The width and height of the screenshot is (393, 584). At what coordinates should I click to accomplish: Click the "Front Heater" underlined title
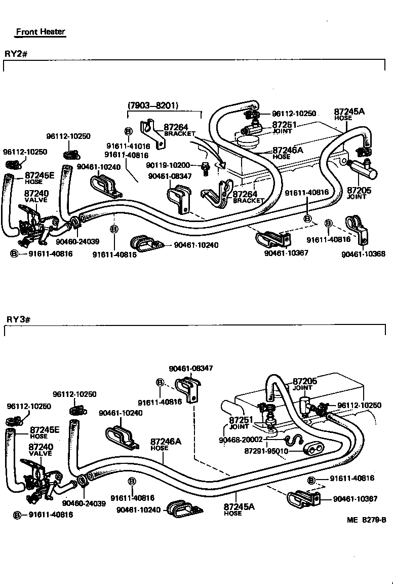tap(41, 31)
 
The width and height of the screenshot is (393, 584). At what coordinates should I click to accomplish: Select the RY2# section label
tap(16, 53)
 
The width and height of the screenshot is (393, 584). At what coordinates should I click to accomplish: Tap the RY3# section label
tap(19, 319)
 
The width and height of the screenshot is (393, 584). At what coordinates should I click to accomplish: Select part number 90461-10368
tap(363, 253)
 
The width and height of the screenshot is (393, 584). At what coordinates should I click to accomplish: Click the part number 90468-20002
tap(241, 440)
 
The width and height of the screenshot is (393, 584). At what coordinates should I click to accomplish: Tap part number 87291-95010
tap(266, 451)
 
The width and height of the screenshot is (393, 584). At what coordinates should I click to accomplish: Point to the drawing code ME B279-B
tap(367, 520)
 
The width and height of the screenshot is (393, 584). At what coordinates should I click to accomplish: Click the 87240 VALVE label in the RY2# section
tap(36, 197)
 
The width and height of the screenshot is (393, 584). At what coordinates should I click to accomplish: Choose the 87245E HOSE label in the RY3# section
tap(44, 432)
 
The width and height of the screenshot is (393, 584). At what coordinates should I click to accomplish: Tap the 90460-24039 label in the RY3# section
tap(84, 503)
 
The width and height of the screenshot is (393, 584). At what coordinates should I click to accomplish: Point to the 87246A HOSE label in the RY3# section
tap(165, 445)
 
